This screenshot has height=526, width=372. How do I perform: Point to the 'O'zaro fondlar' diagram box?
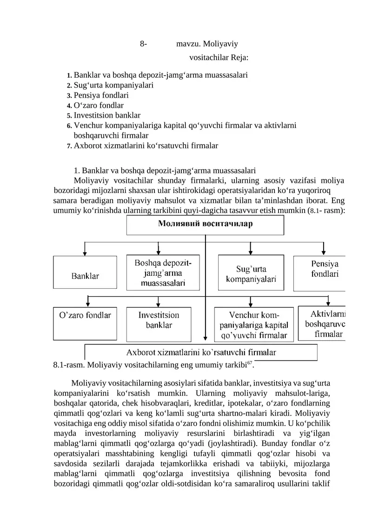pyautogui.click(x=85, y=322)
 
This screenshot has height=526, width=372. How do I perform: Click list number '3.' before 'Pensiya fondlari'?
pyautogui.click(x=69, y=95)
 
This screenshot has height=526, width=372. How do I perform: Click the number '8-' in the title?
pyautogui.click(x=143, y=44)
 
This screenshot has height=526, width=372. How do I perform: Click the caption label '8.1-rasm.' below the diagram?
pyautogui.click(x=68, y=364)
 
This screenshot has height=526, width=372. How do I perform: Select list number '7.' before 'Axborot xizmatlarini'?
pyautogui.click(x=69, y=146)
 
